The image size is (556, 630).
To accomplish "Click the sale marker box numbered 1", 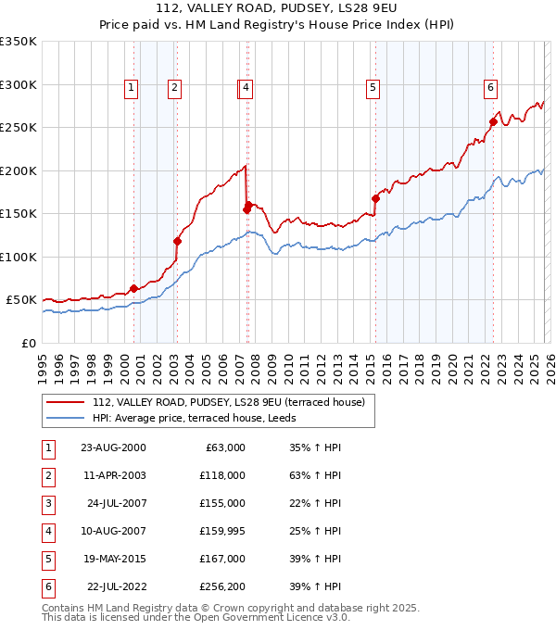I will click(x=131, y=88).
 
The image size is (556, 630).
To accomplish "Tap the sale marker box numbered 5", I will click(x=373, y=88).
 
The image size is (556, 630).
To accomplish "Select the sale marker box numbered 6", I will click(x=490, y=88).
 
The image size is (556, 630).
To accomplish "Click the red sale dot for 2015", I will click(x=375, y=198).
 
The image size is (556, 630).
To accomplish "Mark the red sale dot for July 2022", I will click(x=493, y=121).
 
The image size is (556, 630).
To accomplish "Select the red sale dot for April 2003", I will click(x=177, y=241).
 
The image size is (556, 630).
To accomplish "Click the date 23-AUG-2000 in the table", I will click(x=113, y=447).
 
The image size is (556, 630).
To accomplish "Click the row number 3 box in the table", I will click(x=46, y=503).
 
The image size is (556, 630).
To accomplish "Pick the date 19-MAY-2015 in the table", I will click(x=113, y=559).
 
